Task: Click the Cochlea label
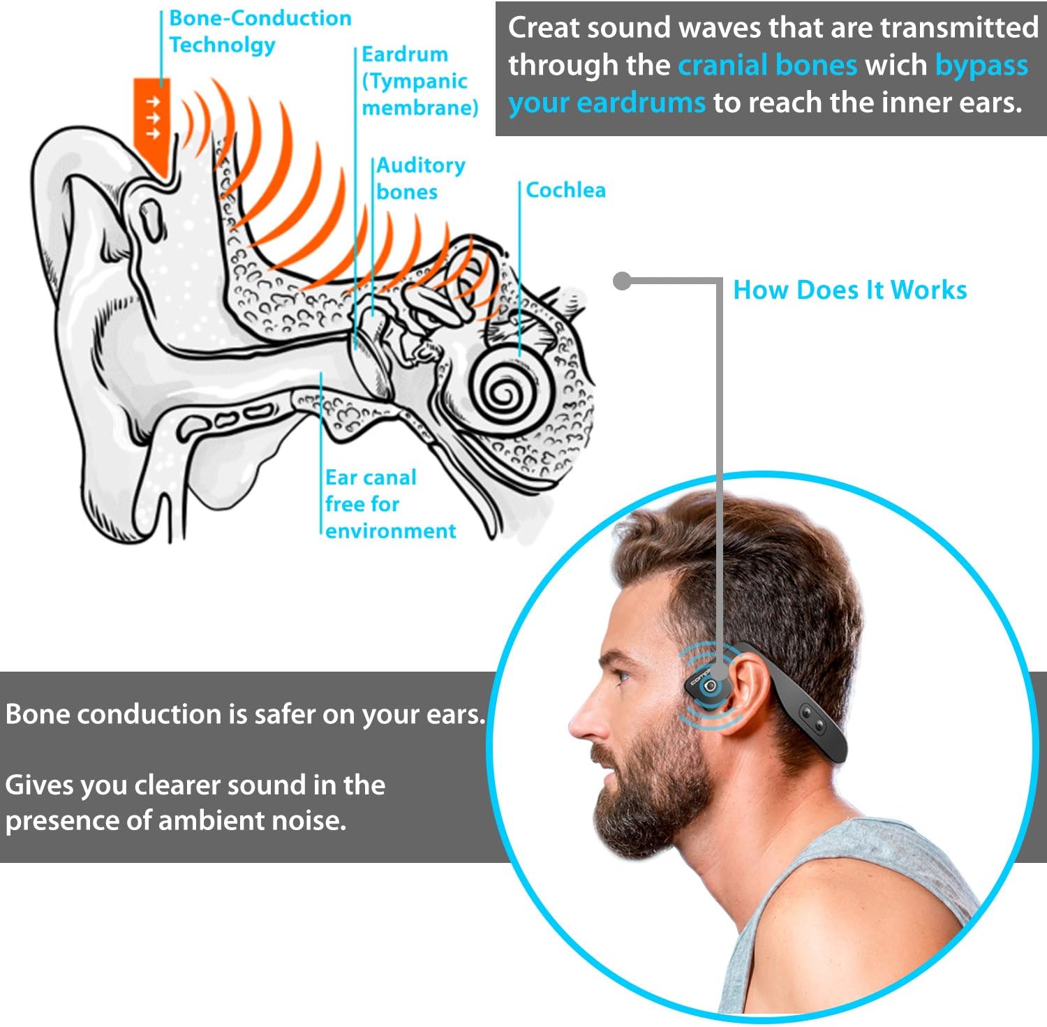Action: (565, 190)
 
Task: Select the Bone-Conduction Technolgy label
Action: (260, 31)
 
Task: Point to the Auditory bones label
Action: (420, 178)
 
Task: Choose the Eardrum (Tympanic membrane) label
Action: (419, 81)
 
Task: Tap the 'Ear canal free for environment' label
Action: (389, 504)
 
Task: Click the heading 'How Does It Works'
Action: (849, 290)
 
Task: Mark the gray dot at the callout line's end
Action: (622, 281)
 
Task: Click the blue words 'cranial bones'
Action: (767, 65)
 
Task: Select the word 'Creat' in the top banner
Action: (544, 28)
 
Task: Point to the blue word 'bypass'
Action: (981, 65)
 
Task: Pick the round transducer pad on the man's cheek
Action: (711, 687)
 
